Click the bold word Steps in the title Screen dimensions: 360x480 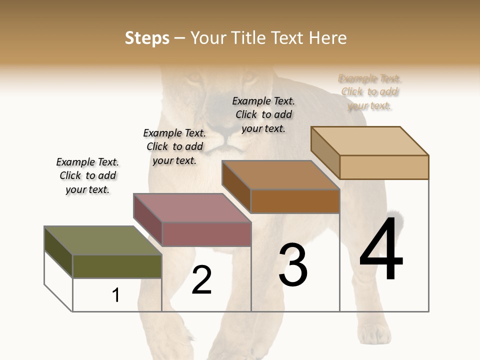pos(147,38)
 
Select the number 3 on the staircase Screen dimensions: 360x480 pos(293,265)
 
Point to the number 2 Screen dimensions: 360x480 pos(201,280)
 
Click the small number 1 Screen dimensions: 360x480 pos(116,295)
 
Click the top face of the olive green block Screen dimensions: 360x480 pos(102,240)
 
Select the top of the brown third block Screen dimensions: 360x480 pos(280,175)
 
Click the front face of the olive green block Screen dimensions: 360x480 pos(117,266)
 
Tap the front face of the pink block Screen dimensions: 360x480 pos(206,234)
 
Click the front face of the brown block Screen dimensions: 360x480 pos(295,201)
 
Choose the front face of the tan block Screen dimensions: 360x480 pos(384,167)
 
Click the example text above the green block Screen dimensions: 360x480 pos(87,175)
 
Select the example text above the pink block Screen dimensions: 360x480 pos(174,146)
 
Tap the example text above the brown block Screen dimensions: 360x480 pos(263,114)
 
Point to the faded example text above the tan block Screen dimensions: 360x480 pos(369,91)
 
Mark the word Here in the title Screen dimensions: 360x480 pos(328,38)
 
